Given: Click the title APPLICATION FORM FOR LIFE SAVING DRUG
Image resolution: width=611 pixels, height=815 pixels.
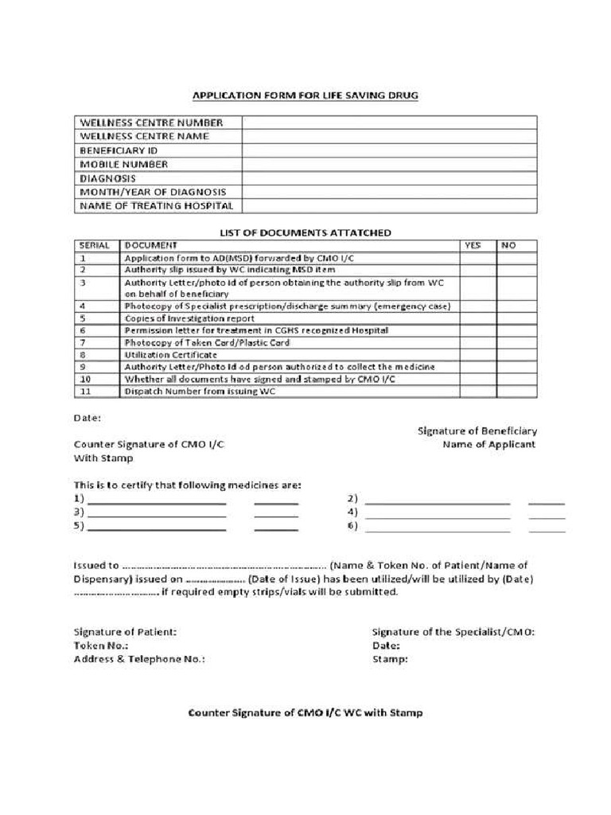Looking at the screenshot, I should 305,96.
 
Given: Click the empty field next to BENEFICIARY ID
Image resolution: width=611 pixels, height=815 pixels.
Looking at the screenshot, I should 389,150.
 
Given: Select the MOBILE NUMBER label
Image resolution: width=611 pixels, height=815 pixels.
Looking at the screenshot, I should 123,164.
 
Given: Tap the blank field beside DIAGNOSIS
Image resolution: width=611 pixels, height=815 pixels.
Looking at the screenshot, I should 389,178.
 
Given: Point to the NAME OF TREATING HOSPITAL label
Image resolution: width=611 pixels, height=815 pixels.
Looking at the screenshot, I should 156,206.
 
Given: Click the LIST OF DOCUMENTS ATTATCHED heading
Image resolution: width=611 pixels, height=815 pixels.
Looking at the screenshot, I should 305,232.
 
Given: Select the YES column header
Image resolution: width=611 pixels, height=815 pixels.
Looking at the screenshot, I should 473,246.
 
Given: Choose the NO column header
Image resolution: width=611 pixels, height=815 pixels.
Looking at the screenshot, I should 508,246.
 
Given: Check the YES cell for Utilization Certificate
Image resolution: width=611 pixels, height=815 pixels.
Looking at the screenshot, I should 477,355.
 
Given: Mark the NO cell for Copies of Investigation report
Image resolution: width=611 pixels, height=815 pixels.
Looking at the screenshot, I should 517,318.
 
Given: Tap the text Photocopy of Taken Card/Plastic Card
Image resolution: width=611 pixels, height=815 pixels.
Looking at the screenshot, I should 207,343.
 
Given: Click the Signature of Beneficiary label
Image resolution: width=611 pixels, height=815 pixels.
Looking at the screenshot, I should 477,431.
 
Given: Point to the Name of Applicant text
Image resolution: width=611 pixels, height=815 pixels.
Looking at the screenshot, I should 489,444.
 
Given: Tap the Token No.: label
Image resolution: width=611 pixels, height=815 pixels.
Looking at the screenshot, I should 101,645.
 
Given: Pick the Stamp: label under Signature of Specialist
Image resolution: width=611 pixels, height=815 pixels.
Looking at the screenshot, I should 390,659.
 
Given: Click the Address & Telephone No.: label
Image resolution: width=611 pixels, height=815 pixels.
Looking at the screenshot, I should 139,659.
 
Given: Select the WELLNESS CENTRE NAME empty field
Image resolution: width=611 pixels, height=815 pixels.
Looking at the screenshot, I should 389,136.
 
